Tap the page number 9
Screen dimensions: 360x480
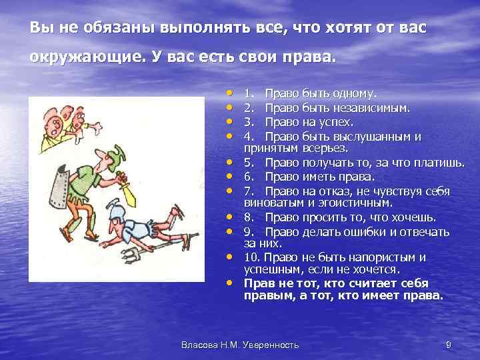pos(448,345)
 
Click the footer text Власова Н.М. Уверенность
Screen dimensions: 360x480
pos(240,345)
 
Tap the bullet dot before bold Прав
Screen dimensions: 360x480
pos(229,281)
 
